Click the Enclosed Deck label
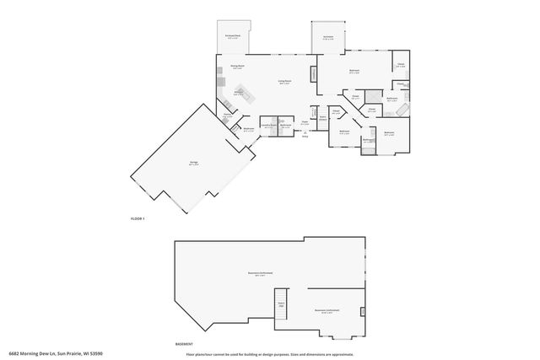coord(233,36)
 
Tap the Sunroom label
coord(328,37)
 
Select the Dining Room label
coord(237,66)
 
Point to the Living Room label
coord(284,82)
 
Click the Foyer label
coord(305,122)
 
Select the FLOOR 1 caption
coord(138,218)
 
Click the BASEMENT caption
coord(183,343)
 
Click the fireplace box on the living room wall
coord(315,74)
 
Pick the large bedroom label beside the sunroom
coord(354,72)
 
